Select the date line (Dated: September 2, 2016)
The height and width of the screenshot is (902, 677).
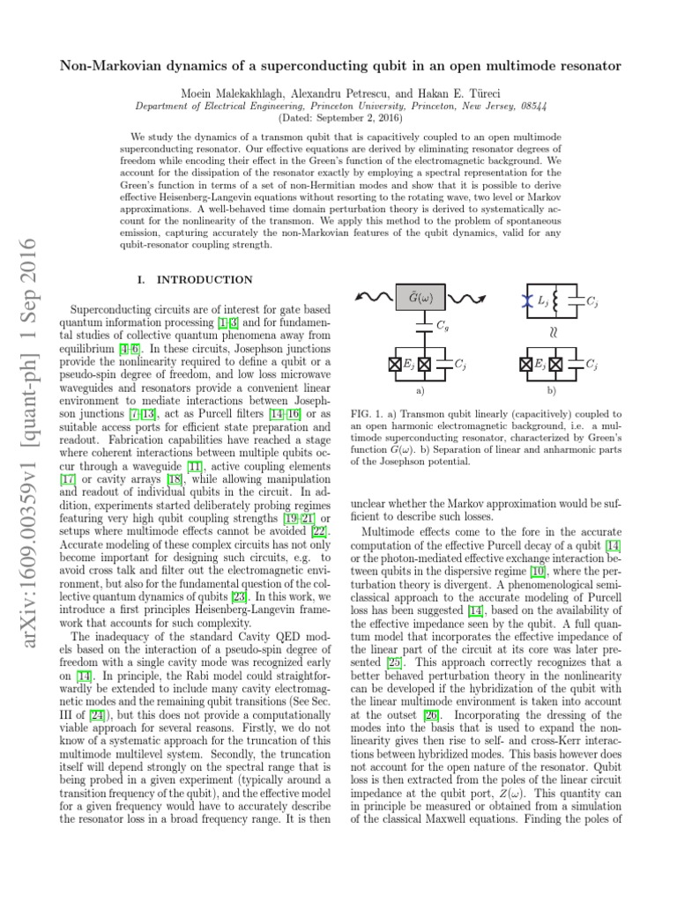(338, 116)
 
